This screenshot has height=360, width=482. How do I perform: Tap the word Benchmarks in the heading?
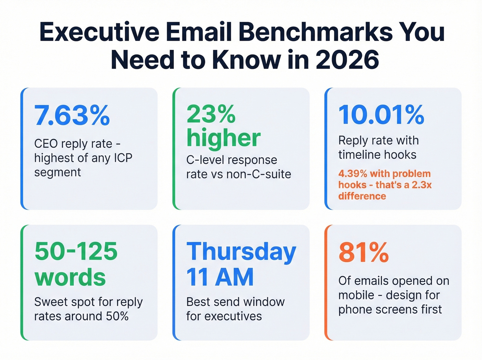pos(315,32)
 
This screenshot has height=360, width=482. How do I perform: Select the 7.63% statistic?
pos(72,115)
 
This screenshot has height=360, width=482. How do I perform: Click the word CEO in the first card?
pos(46,144)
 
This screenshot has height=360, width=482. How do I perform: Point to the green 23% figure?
pos(211,114)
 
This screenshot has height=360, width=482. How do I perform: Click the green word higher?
pos(223,138)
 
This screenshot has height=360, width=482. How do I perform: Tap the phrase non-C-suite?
pos(259,174)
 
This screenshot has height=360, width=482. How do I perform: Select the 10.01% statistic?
pos(381,115)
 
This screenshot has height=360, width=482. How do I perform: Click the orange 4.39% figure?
pos(353,174)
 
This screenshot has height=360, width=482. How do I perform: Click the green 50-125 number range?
pos(76,251)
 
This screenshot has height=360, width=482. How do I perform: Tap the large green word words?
pos(70,277)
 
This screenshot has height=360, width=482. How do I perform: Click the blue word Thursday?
pos(241,252)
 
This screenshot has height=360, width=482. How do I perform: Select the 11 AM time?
pos(220,277)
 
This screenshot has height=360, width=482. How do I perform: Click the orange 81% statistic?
pos(364,253)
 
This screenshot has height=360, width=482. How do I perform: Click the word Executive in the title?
pos(99,32)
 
